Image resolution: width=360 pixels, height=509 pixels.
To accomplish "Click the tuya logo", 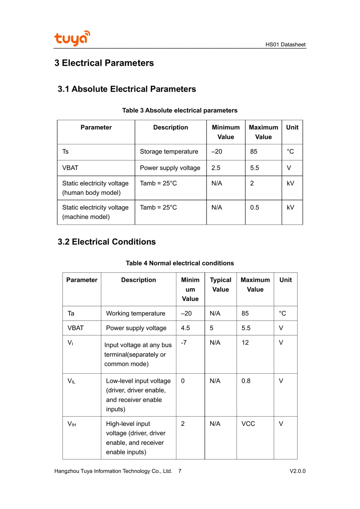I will [x=72, y=38].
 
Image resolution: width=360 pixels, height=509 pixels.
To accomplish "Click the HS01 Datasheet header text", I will [x=285, y=44].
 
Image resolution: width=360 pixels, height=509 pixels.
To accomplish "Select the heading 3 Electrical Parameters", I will [x=104, y=63].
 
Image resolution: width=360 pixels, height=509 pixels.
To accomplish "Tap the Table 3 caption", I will [x=180, y=110].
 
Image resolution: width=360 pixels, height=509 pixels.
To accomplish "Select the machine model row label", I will [x=95, y=212].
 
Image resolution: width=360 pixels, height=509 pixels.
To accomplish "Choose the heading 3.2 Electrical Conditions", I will [x=107, y=242].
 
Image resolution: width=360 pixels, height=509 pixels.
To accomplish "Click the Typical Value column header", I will [x=220, y=285].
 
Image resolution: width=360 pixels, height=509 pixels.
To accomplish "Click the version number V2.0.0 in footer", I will [x=297, y=471].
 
